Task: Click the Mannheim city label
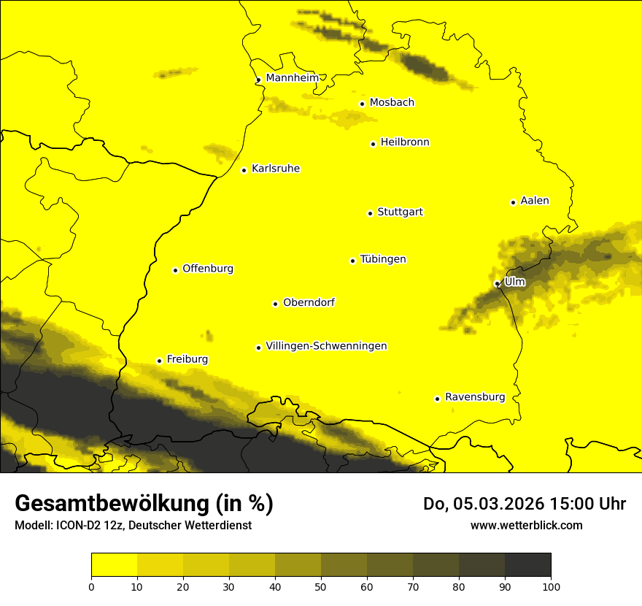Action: tap(292, 77)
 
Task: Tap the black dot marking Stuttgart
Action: tap(370, 213)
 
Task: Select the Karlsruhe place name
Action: tap(275, 169)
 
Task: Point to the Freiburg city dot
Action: tap(159, 361)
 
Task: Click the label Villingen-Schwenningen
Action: tap(326, 346)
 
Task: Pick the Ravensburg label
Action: tap(474, 397)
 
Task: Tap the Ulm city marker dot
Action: tap(497, 283)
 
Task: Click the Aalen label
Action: tap(534, 201)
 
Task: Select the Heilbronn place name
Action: tap(404, 142)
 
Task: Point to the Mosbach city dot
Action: tap(362, 104)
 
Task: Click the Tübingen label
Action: tap(382, 259)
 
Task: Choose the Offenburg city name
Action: tap(207, 269)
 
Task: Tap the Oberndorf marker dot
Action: tap(275, 304)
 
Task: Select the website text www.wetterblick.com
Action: tap(526, 525)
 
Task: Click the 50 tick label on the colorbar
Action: tap(321, 586)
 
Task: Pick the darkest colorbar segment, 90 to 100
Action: tap(527, 565)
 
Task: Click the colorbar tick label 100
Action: tap(551, 586)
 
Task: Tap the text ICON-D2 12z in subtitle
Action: tap(86, 525)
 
